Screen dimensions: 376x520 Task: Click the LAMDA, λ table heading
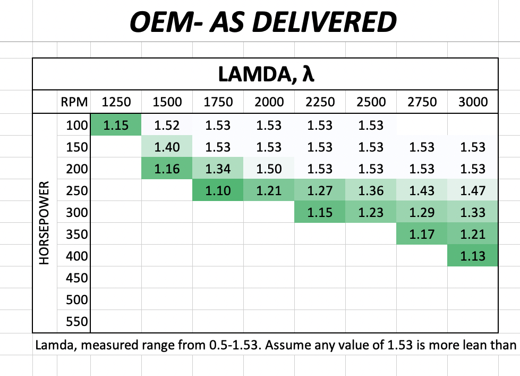pos(266,73)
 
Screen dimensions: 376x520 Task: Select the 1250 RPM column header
pos(116,102)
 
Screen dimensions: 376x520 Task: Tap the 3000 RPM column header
pos(473,102)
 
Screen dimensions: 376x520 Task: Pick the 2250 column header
pos(320,102)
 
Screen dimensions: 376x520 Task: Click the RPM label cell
pos(74,102)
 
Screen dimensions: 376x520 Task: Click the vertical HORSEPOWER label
pos(45,223)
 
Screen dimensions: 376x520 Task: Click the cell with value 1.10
pos(218,191)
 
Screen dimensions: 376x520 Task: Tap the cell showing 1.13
pos(473,256)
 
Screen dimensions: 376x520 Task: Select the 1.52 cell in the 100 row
pos(167,126)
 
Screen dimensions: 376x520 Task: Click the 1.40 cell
pos(167,147)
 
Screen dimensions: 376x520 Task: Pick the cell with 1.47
pos(473,191)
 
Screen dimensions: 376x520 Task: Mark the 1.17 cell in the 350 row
pos(422,235)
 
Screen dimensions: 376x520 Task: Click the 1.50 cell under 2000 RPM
pos(269,169)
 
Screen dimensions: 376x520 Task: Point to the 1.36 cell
pos(371,191)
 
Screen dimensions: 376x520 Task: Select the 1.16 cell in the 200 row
pos(167,169)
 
